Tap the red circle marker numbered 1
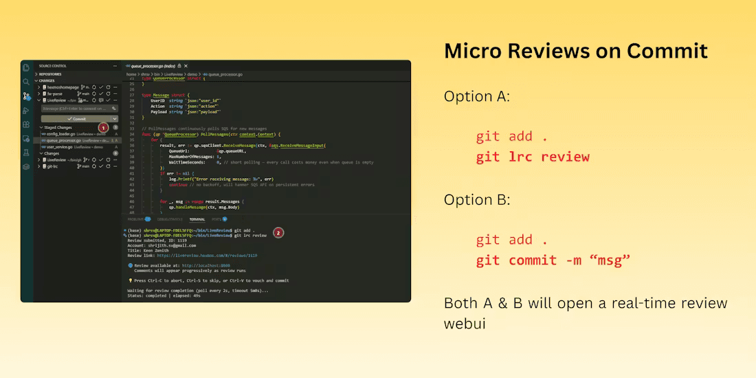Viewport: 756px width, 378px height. [x=103, y=128]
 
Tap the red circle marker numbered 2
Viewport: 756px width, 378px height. [x=278, y=232]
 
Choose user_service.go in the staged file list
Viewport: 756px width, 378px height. [x=60, y=146]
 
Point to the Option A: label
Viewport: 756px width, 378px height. [x=477, y=96]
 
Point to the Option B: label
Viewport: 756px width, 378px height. [x=477, y=200]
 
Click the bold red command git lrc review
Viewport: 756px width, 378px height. [x=533, y=157]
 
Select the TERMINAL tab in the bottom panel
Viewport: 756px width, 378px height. [x=197, y=219]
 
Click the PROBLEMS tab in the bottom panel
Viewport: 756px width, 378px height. [x=135, y=219]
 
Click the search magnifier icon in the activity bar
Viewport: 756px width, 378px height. [x=26, y=81]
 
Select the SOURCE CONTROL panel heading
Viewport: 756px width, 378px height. [x=53, y=66]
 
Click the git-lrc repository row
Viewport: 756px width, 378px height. [x=52, y=166]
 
